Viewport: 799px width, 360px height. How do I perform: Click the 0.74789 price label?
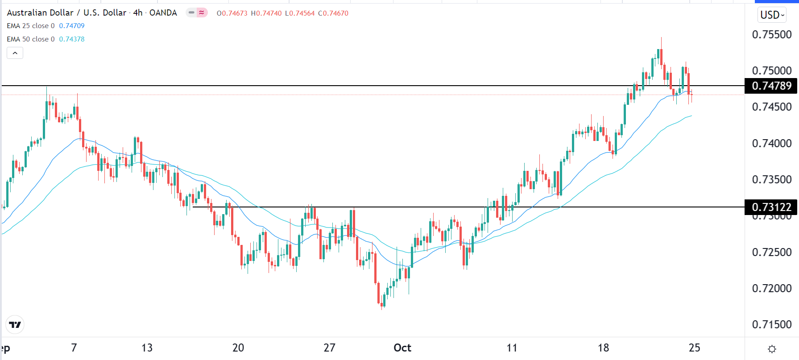pyautogui.click(x=771, y=86)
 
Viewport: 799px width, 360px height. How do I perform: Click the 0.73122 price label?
pyautogui.click(x=771, y=207)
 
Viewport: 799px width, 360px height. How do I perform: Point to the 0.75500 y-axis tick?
pyautogui.click(x=771, y=35)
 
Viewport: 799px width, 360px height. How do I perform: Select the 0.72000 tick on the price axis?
pyautogui.click(x=771, y=288)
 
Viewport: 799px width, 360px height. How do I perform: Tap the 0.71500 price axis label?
pyautogui.click(x=771, y=324)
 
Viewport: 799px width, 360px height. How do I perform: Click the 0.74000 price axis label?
pyautogui.click(x=771, y=143)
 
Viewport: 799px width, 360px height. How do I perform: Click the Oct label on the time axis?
pyautogui.click(x=402, y=348)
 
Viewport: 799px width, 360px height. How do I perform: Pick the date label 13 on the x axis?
pyautogui.click(x=147, y=348)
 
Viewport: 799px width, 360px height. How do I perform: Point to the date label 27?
pyautogui.click(x=329, y=348)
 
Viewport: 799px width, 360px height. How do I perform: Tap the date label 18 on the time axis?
pyautogui.click(x=603, y=348)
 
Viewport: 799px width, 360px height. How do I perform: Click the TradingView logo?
pyautogui.click(x=15, y=325)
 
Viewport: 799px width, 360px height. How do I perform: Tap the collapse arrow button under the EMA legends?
pyautogui.click(x=15, y=53)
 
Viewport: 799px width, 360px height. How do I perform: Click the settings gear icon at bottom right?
pyautogui.click(x=772, y=349)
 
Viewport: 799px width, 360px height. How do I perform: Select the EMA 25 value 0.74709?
pyautogui.click(x=72, y=26)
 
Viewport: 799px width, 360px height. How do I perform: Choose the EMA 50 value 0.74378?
pyautogui.click(x=72, y=39)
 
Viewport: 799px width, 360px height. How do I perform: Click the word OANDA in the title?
pyautogui.click(x=163, y=13)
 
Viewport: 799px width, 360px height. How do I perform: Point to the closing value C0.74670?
pyautogui.click(x=333, y=13)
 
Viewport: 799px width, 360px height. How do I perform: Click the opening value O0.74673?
pyautogui.click(x=232, y=13)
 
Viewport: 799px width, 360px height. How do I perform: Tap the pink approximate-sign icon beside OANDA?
pyautogui.click(x=202, y=12)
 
